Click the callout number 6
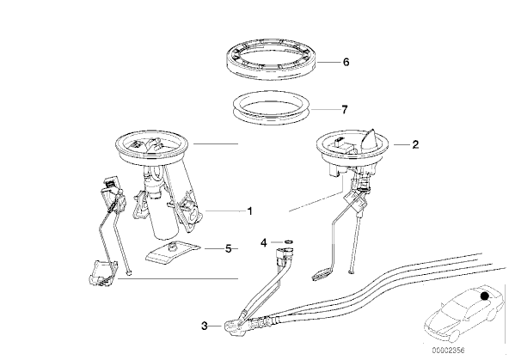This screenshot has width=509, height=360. (346, 62)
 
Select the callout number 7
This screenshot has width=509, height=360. (345, 110)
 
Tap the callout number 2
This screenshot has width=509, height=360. (415, 144)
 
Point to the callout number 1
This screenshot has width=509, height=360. (249, 211)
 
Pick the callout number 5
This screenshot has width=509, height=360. (229, 249)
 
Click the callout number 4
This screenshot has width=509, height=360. (264, 242)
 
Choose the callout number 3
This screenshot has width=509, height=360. (204, 326)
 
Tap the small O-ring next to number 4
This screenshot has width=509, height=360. (289, 241)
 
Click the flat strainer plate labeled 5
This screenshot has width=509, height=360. (173, 253)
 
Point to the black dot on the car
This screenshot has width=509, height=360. (484, 296)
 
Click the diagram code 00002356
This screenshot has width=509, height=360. (448, 351)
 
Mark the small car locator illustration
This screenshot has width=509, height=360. (465, 314)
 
